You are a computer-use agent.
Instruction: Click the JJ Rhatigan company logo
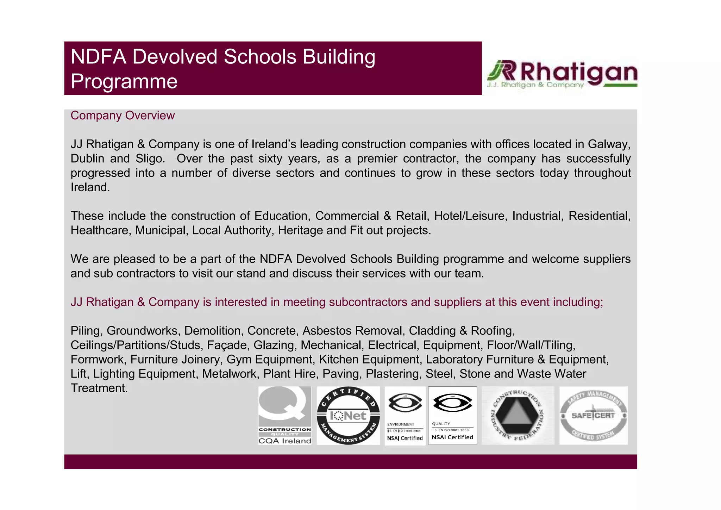coord(562,74)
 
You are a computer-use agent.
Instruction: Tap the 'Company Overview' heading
coord(123,116)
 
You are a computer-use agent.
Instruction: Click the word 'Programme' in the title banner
coord(124,81)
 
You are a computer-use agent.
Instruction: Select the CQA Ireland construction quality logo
coord(284,415)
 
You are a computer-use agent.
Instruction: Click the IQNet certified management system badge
coord(348,416)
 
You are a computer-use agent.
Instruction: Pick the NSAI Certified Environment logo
coord(405,416)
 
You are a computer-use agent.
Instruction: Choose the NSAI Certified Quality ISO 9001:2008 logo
coord(452,416)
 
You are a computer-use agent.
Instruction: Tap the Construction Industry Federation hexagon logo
coord(518,415)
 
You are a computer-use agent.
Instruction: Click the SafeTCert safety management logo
coord(593,415)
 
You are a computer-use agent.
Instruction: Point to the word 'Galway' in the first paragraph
coord(608,144)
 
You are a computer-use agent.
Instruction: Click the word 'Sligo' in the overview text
coord(150,159)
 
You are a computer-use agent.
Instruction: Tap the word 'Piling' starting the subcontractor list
coord(86,331)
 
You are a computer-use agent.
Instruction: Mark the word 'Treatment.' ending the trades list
coord(99,388)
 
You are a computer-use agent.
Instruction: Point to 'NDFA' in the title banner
coord(98,57)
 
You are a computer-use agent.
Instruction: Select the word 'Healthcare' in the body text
coord(101,230)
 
